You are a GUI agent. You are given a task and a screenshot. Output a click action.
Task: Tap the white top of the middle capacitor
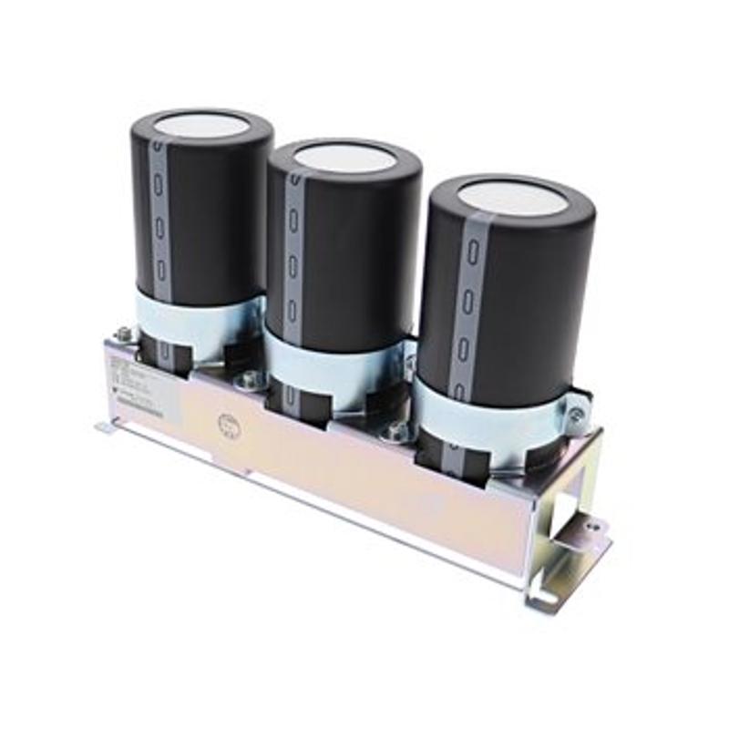tap(345, 158)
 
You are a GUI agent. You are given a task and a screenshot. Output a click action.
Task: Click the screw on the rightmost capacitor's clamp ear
tap(576, 417)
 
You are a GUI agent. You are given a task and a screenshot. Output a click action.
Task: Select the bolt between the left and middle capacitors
tap(248, 377)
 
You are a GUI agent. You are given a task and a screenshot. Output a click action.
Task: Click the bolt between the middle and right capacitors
tap(396, 432)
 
